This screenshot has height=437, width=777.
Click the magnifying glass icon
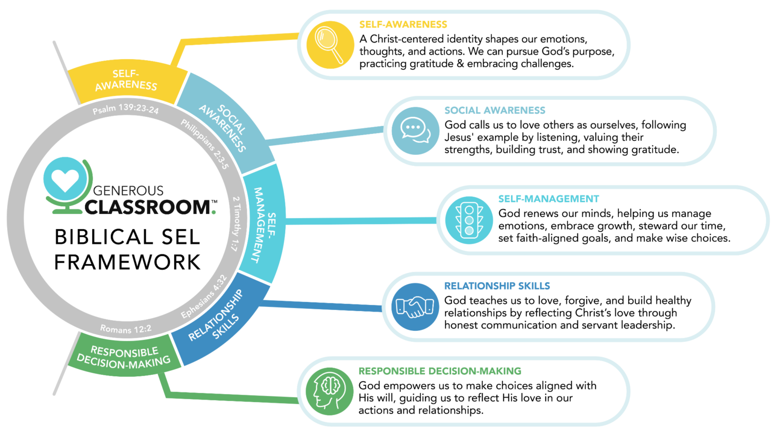(329, 44)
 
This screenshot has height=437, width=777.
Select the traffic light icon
(469, 220)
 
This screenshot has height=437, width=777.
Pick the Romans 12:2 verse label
(125, 329)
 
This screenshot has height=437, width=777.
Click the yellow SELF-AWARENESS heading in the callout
(403, 24)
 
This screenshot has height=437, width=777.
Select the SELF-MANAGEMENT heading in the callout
(548, 199)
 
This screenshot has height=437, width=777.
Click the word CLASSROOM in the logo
(148, 207)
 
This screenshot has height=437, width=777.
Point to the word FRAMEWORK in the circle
(127, 263)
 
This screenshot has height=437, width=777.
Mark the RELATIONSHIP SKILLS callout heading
(497, 286)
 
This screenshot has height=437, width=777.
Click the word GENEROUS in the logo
(128, 191)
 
